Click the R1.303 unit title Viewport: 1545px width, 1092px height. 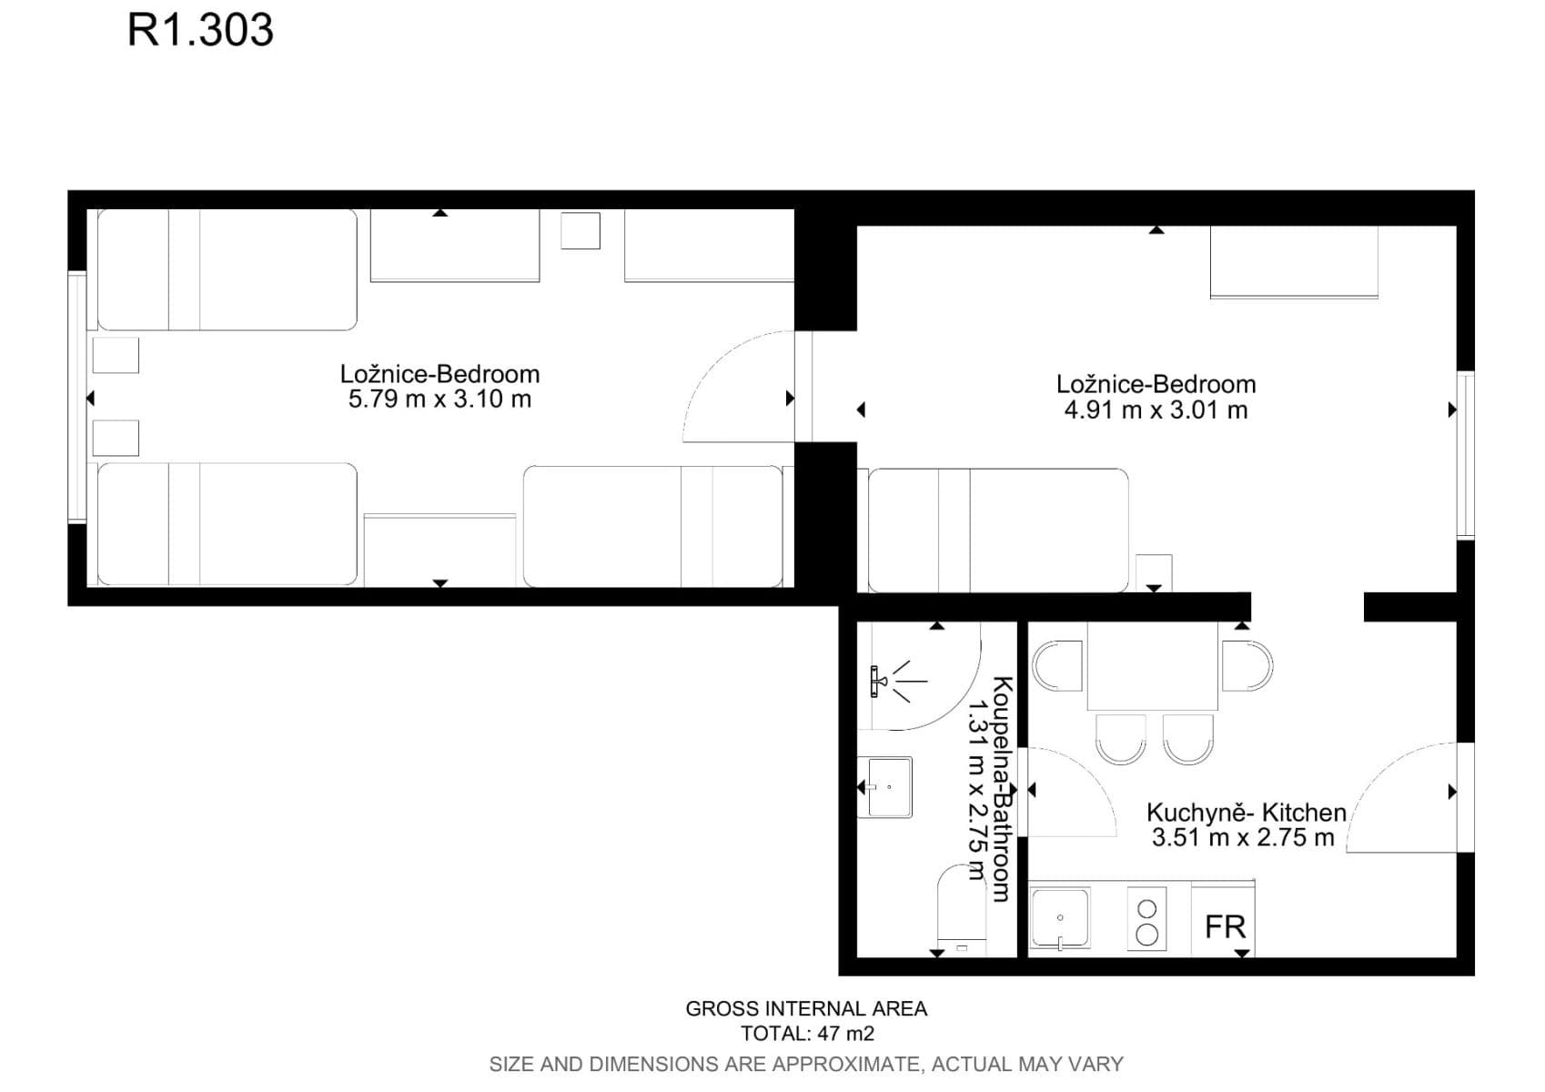[201, 30]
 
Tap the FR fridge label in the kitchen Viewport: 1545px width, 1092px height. [1225, 927]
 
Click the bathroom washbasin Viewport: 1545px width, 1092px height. [885, 787]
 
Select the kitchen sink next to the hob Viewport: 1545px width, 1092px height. [1060, 919]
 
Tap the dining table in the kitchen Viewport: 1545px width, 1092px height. [1153, 666]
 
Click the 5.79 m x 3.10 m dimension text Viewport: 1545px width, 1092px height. [440, 399]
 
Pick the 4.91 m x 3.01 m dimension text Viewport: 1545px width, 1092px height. [1156, 410]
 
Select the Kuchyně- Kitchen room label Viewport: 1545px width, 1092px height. [1247, 813]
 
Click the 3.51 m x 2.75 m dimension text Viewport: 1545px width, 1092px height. [1244, 837]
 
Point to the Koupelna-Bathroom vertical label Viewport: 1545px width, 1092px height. [1002, 789]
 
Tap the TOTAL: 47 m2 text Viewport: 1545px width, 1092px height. [808, 1034]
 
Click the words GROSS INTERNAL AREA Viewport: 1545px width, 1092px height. [806, 1008]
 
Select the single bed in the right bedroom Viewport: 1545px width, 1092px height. [998, 531]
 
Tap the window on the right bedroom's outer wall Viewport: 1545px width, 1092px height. [1466, 455]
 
